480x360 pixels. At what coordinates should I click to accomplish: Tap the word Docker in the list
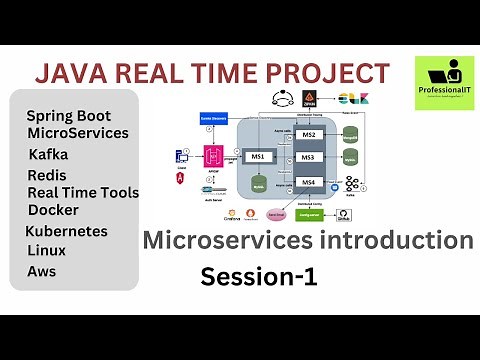click(x=53, y=210)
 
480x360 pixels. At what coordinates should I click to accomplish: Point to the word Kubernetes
click(x=66, y=231)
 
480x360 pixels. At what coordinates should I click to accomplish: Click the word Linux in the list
click(x=46, y=251)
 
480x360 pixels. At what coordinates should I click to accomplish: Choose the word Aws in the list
click(x=42, y=271)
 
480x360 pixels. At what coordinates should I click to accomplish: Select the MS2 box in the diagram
click(x=308, y=134)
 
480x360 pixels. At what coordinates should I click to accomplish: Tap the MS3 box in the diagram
click(x=308, y=157)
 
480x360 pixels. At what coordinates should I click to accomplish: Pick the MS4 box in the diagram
click(x=308, y=181)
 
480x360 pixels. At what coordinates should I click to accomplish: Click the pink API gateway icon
click(x=212, y=156)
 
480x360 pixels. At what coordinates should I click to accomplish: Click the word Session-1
click(x=259, y=277)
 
